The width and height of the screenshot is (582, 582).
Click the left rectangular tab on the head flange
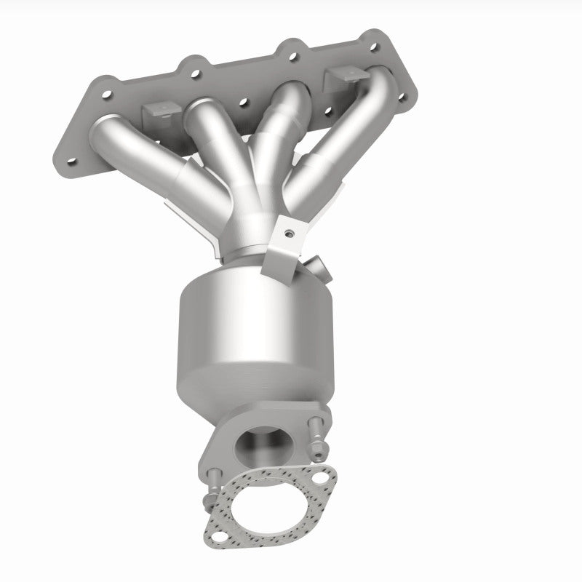pos(160,111)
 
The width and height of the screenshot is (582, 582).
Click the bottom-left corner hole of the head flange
pos(71,161)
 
